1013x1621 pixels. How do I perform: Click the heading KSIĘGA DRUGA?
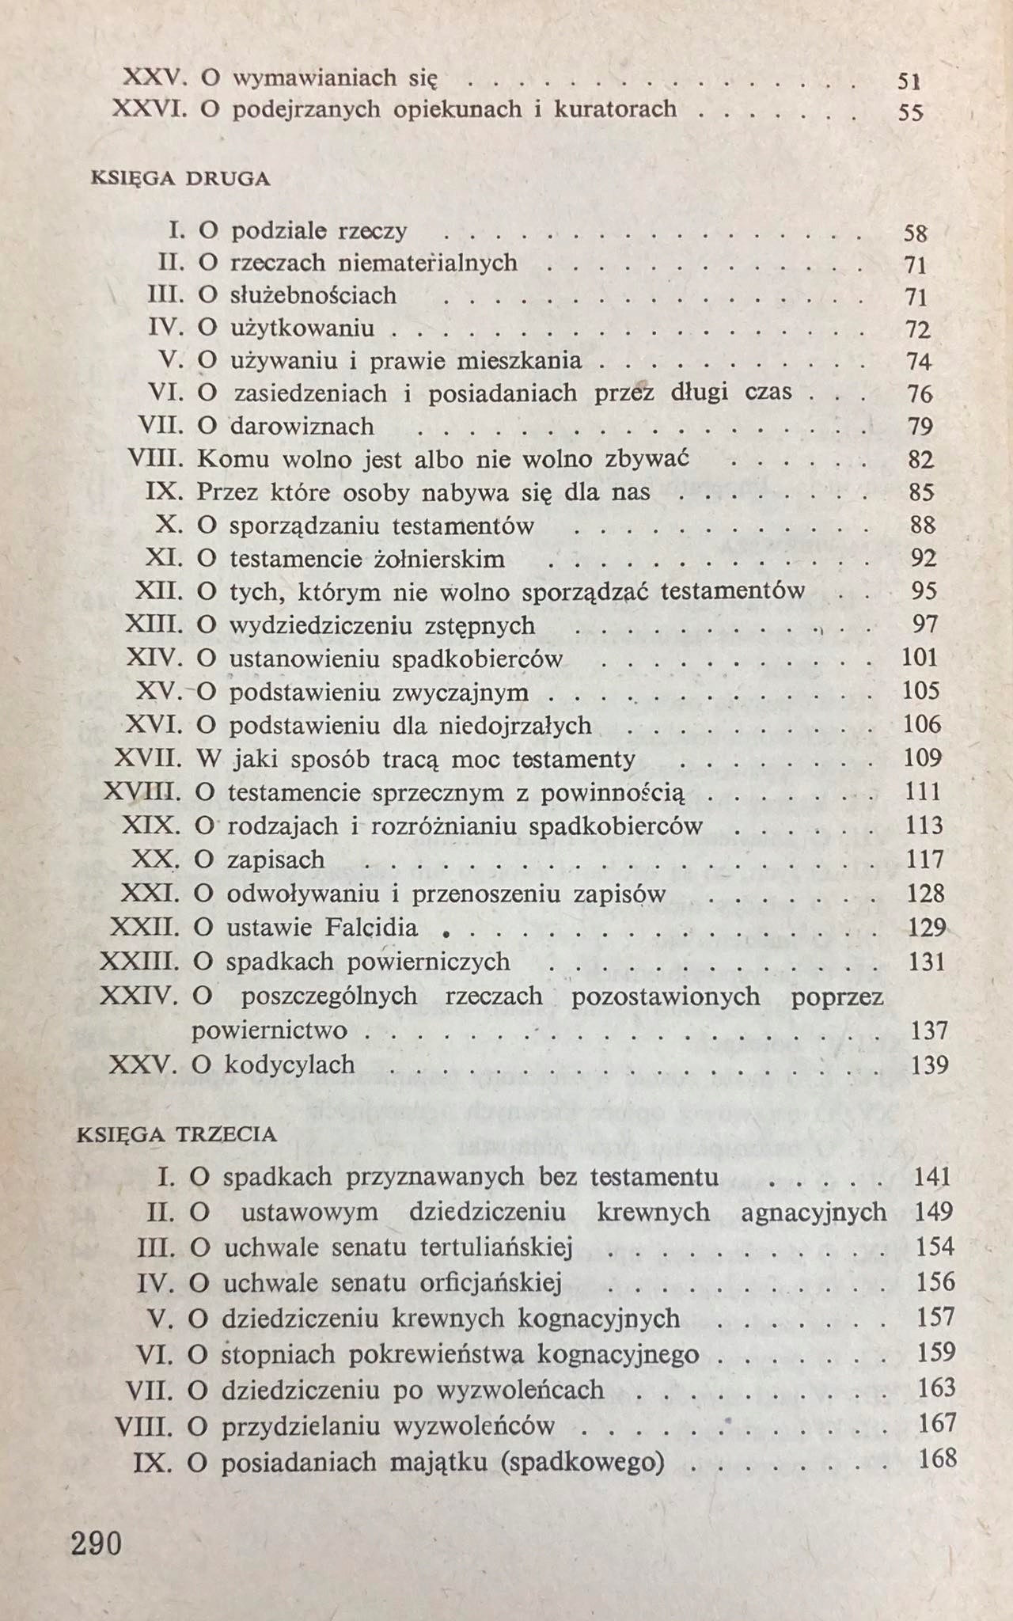click(x=180, y=179)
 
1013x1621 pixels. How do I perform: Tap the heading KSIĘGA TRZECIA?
click(x=176, y=1134)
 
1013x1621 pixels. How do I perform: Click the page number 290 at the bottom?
click(x=97, y=1543)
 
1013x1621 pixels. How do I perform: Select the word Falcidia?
click(x=369, y=927)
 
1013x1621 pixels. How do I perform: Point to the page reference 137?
click(x=929, y=1031)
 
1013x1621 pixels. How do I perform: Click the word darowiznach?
click(x=302, y=427)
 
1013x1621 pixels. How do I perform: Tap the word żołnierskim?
click(x=438, y=559)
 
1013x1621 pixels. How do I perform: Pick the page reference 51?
click(x=909, y=80)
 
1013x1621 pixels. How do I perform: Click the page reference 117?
click(x=926, y=860)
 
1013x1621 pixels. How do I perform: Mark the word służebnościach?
click(x=313, y=295)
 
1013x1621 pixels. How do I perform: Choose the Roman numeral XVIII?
click(x=142, y=792)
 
